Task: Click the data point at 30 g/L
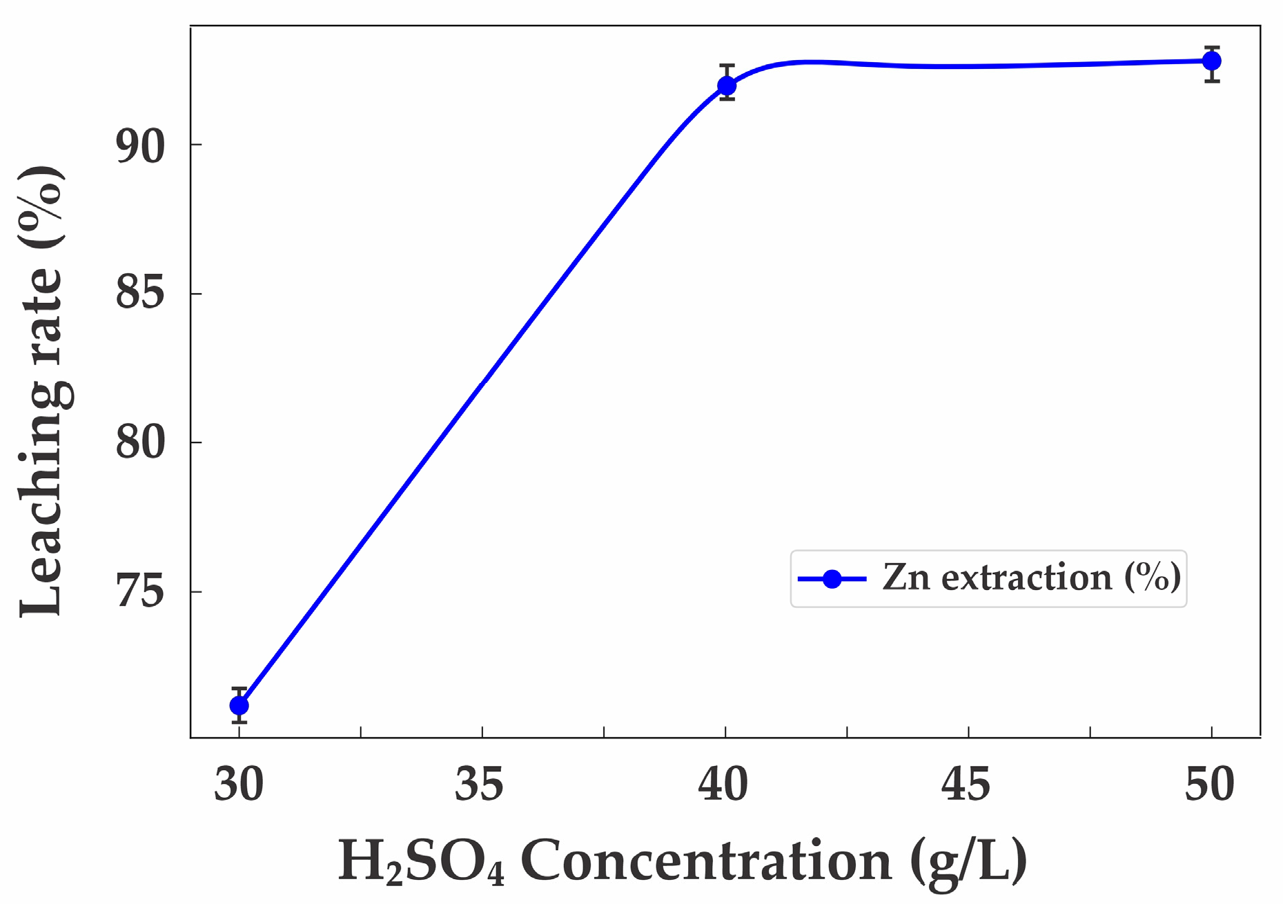(239, 705)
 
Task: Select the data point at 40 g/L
(726, 86)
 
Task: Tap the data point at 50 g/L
(1211, 61)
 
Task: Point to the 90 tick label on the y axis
(140, 146)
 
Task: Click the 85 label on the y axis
(140, 294)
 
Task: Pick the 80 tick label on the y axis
(140, 443)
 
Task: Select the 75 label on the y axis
(140, 592)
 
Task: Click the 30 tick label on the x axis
(239, 785)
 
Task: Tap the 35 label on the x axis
(480, 785)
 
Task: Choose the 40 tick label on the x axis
(723, 785)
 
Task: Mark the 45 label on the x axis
(966, 785)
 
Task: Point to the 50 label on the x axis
(1210, 785)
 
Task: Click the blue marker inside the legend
(832, 579)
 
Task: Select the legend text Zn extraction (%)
(1031, 578)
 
